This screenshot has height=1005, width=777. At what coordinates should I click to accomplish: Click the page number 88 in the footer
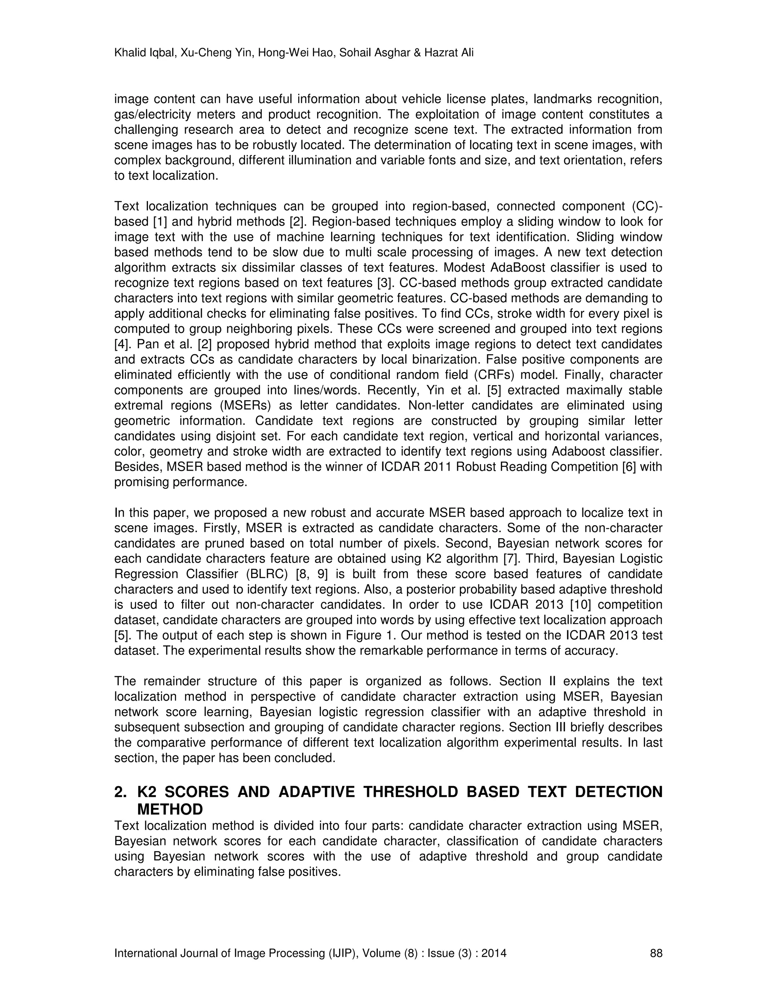click(x=656, y=953)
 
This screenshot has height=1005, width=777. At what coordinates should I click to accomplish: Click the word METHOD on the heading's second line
click(x=170, y=809)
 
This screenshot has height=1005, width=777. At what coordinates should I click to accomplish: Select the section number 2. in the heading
click(x=121, y=792)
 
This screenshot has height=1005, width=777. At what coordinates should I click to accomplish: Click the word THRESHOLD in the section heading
click(x=411, y=792)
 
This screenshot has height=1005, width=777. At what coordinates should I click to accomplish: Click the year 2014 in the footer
click(x=494, y=953)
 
